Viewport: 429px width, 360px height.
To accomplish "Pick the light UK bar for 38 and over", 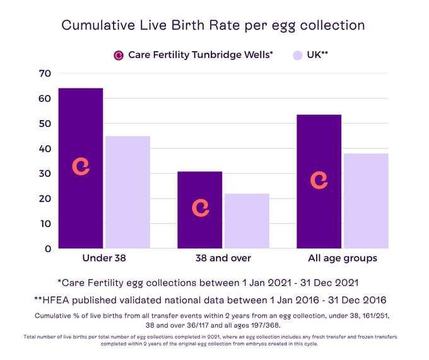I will coord(247,220).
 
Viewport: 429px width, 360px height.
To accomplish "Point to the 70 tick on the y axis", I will coord(44,74).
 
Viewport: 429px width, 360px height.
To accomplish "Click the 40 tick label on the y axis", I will coord(44,149).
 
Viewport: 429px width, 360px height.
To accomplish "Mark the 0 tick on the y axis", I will coord(47,249).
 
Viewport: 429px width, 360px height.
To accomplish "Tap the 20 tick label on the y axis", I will coord(44,199).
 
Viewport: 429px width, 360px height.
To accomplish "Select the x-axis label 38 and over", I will coord(223,258).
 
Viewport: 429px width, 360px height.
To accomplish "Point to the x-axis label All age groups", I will coord(343,258).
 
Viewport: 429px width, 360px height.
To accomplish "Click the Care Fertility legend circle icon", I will coord(118,55).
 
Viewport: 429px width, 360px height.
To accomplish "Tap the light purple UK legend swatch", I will coord(298,55).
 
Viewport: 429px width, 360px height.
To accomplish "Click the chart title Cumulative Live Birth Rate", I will coord(213,26).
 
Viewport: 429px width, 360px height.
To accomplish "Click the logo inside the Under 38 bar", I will coord(81,165).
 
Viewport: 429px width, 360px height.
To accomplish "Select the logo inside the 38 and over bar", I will coord(200,208).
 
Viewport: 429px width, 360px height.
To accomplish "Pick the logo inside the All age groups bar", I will coord(319,180).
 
